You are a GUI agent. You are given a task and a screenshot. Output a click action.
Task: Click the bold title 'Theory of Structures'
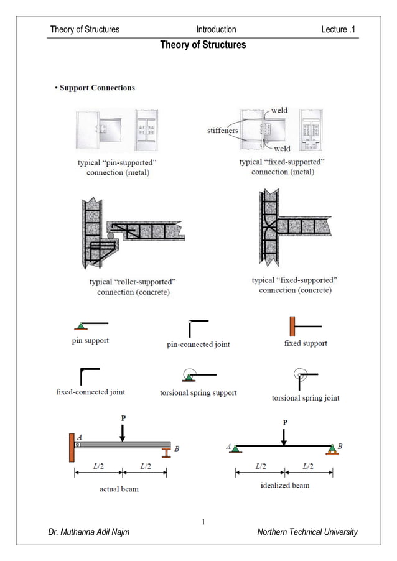[x=203, y=45]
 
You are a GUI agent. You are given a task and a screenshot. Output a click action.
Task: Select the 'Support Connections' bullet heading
[x=96, y=88]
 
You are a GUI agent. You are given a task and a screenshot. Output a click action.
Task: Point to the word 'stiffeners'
[x=222, y=131]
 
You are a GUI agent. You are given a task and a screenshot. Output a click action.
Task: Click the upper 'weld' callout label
[x=279, y=110]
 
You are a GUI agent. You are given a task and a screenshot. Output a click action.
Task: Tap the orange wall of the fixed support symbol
[x=292, y=326]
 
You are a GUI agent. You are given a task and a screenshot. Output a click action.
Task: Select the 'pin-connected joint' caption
[x=198, y=345]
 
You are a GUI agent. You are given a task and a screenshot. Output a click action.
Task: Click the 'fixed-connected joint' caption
[x=91, y=392]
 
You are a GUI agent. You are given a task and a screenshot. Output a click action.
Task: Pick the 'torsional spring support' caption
[x=198, y=393]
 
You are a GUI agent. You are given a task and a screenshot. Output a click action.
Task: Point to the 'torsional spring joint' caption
[x=306, y=398]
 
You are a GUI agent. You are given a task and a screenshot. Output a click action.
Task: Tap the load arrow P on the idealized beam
[x=284, y=435]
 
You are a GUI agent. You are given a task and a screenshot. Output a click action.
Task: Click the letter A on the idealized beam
[x=228, y=446]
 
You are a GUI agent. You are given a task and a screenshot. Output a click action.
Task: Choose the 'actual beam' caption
[x=119, y=489]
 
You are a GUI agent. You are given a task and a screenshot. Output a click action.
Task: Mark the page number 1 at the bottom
[x=203, y=521]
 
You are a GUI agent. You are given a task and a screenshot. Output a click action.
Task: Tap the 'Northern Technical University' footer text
[x=307, y=532]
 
